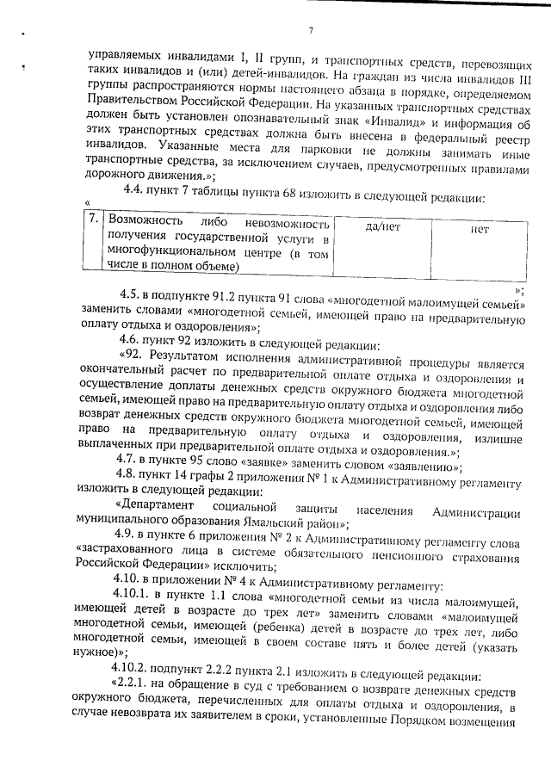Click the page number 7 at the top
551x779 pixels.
(x=309, y=32)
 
